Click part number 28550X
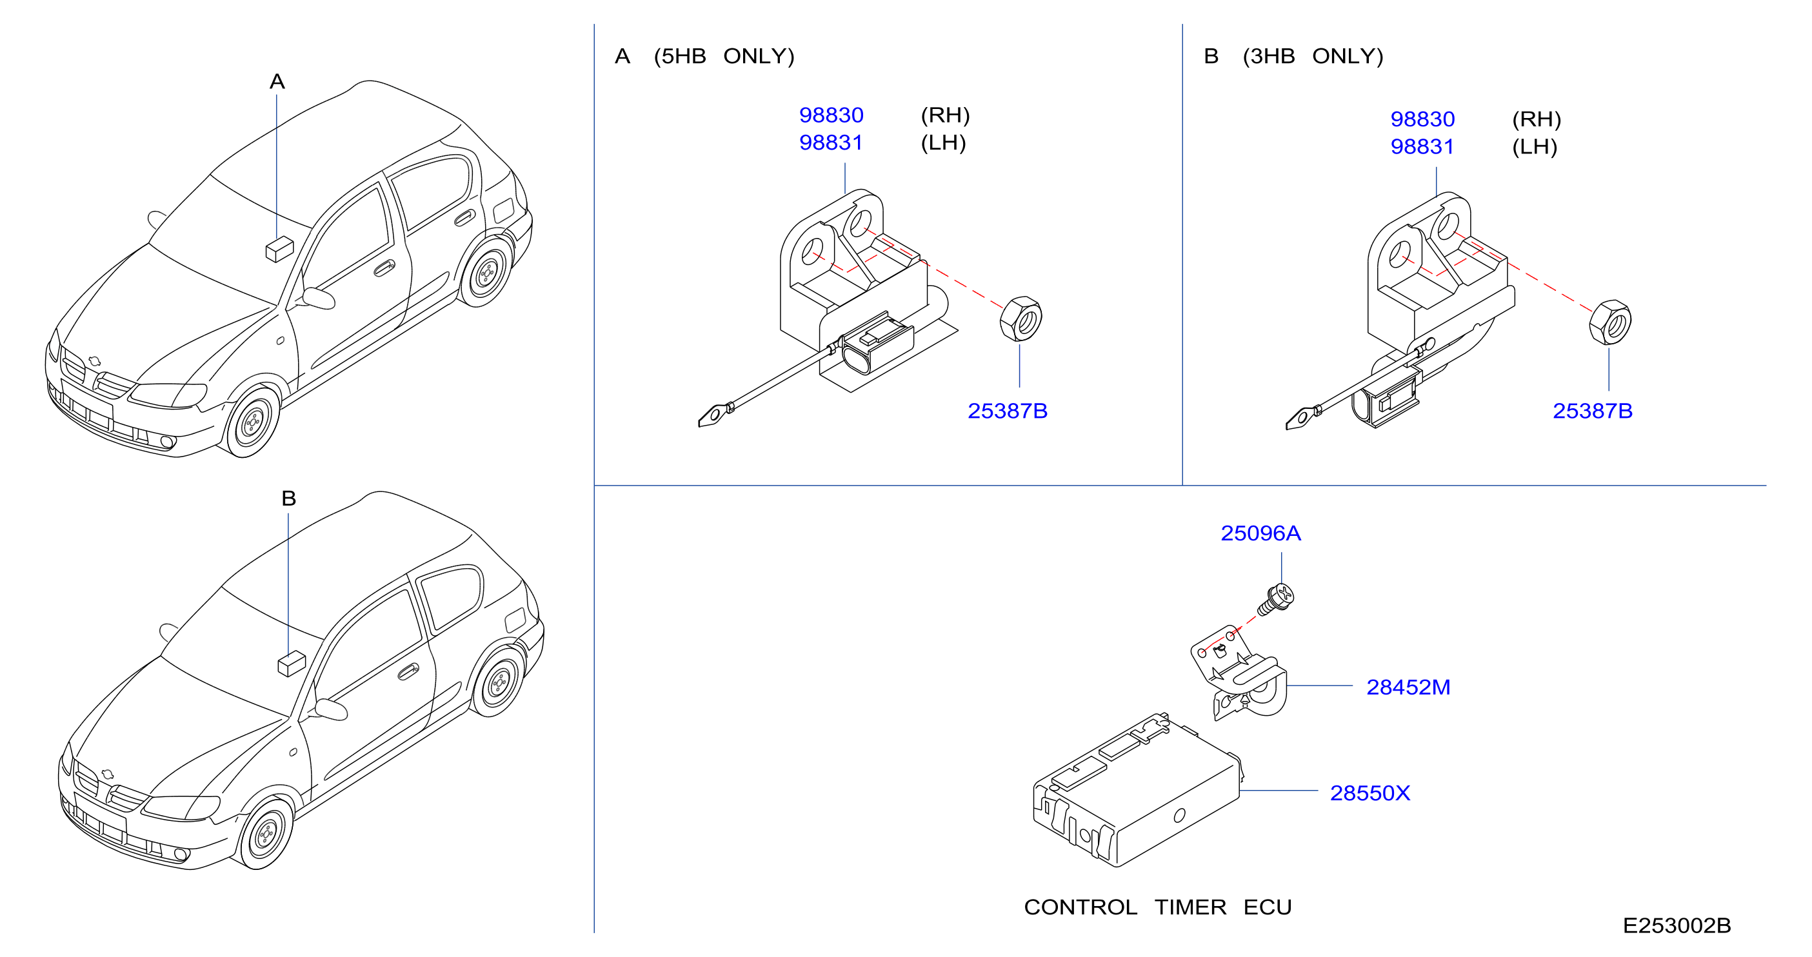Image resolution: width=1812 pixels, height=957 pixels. (x=1369, y=793)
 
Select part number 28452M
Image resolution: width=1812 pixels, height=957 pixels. (x=1408, y=686)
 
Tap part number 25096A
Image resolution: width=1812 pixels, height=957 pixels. (x=1260, y=533)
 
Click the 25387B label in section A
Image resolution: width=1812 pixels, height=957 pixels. (x=1008, y=411)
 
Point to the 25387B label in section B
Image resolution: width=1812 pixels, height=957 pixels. (x=1593, y=411)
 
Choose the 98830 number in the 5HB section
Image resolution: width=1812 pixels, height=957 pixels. (x=831, y=115)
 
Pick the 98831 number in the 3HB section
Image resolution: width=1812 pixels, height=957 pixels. (x=1422, y=146)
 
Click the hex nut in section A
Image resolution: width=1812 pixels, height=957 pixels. (x=1020, y=319)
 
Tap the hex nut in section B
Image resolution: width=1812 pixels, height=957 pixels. (x=1609, y=322)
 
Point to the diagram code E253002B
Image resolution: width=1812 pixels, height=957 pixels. (x=1677, y=925)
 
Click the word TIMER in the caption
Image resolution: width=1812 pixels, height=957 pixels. (x=1190, y=907)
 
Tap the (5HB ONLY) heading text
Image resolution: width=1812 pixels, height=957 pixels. (x=724, y=55)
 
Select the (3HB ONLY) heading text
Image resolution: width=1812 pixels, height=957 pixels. (x=1313, y=55)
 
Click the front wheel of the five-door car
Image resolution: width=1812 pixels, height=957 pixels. (x=250, y=422)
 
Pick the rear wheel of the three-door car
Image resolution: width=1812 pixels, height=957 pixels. (x=499, y=680)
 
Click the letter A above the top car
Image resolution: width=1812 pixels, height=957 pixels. (x=277, y=81)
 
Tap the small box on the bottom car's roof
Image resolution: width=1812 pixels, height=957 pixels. (x=291, y=663)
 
